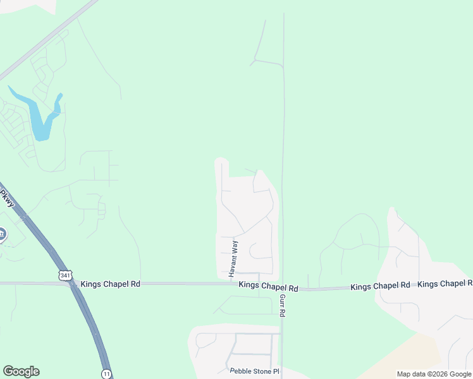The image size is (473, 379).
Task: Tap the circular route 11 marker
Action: click(x=106, y=373)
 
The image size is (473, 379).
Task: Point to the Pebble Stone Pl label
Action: click(x=254, y=371)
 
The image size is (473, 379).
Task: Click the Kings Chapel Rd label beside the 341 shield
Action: click(x=110, y=285)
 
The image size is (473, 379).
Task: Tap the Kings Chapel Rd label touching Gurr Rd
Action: click(x=268, y=286)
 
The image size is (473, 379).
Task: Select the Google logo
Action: click(x=21, y=371)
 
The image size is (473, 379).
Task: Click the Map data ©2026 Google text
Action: click(x=434, y=374)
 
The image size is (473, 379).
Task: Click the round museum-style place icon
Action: click(x=2, y=235)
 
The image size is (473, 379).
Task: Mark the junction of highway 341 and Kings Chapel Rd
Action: click(x=71, y=284)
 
